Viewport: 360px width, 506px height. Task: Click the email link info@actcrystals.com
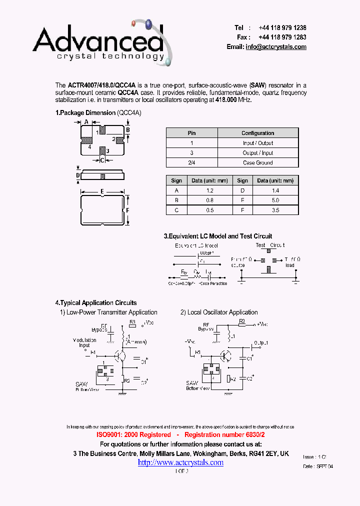[275, 46]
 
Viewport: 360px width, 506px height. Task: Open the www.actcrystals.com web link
[180, 462]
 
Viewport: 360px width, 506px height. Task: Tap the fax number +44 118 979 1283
[282, 37]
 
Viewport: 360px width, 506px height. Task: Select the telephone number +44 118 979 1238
[282, 28]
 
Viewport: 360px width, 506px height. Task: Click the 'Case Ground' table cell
[257, 162]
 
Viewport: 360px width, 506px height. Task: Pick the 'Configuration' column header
[257, 133]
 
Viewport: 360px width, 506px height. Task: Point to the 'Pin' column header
[191, 133]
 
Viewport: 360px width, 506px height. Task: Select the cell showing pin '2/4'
[191, 162]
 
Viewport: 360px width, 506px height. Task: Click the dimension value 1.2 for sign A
[209, 190]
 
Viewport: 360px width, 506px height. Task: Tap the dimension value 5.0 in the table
[275, 200]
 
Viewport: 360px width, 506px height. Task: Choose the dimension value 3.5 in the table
[275, 210]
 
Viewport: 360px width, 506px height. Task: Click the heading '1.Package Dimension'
[85, 113]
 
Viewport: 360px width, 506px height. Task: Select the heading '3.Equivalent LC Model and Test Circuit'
[218, 236]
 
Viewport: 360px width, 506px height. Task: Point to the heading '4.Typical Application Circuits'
[95, 302]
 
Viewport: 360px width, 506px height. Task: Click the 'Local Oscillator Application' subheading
[222, 312]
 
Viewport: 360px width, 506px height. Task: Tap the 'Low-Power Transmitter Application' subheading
[112, 312]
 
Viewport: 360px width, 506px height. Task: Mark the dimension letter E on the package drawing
[102, 191]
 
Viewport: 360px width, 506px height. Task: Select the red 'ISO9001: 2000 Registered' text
[133, 435]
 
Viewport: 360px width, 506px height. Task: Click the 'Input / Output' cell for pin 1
[257, 143]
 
